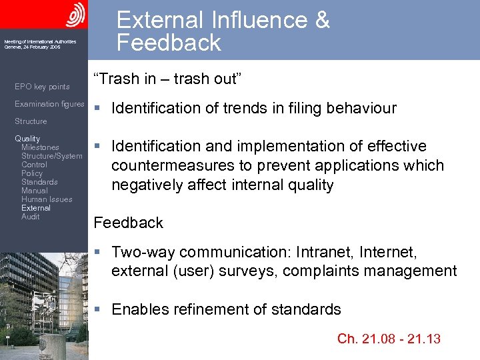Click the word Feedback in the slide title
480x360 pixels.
[169, 43]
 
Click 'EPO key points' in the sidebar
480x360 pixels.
[42, 87]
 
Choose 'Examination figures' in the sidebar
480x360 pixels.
[49, 104]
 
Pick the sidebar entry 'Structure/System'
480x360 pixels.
[52, 156]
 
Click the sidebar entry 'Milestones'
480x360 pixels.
[40, 147]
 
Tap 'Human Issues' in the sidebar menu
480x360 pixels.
[47, 199]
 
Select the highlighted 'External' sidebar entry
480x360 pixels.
[36, 208]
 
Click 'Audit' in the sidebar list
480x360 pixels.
[31, 217]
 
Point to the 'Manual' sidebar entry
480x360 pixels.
[35, 191]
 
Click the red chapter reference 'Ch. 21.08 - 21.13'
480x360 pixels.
[389, 339]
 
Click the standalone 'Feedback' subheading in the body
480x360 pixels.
[129, 223]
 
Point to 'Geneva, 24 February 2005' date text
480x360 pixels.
[32, 47]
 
